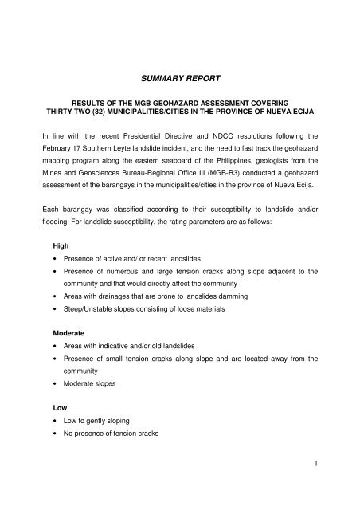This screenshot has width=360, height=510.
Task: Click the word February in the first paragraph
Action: (x=60, y=151)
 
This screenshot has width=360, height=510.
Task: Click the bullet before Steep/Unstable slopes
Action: (x=53, y=307)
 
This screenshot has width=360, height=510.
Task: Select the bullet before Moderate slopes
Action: (x=53, y=383)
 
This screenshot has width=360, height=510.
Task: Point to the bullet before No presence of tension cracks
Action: (x=53, y=434)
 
